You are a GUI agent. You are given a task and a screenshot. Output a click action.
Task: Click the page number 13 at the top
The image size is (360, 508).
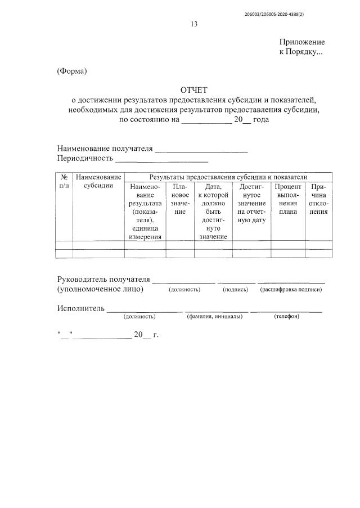(194, 24)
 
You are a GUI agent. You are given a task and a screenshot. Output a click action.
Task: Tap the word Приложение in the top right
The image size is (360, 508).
(302, 42)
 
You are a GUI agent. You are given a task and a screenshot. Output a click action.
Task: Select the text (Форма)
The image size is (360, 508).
(73, 71)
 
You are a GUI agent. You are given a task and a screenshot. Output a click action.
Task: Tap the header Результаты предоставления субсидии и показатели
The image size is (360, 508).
(228, 177)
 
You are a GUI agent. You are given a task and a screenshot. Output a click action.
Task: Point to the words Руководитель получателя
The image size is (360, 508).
(103, 280)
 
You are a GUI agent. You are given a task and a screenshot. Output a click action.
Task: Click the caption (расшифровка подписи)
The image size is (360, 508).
(291, 290)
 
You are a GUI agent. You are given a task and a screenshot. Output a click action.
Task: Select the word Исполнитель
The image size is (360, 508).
(81, 308)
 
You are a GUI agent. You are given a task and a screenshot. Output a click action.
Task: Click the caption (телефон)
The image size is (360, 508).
(286, 316)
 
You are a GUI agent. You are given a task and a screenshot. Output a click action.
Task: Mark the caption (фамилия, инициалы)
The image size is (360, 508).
(214, 316)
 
